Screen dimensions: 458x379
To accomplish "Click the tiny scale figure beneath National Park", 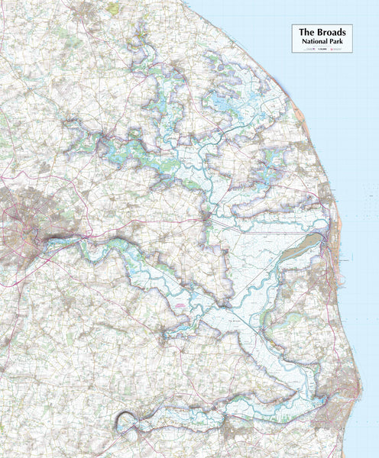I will [320, 49].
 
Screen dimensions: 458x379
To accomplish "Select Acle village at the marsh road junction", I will [208, 220].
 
